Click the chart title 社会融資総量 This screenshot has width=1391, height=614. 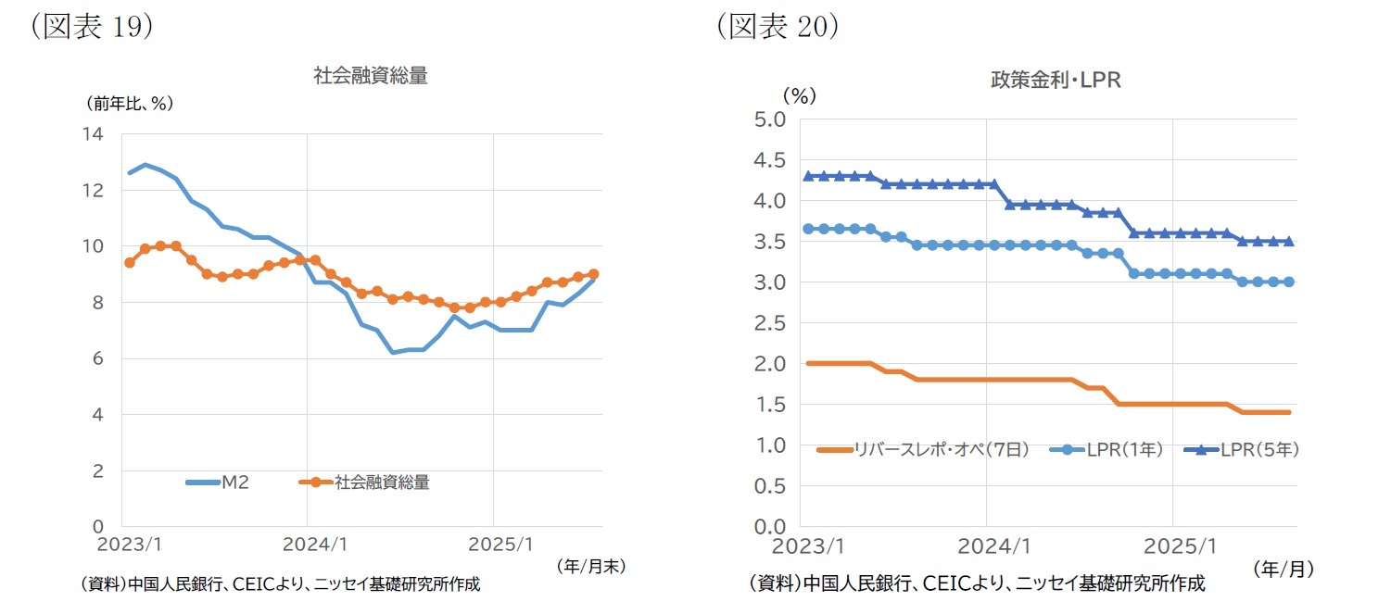[x=371, y=77]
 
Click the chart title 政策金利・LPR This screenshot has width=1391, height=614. [x=1056, y=81]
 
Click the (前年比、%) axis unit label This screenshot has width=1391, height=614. [x=131, y=104]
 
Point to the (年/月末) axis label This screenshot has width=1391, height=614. [x=591, y=566]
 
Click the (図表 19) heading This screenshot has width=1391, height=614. [x=90, y=27]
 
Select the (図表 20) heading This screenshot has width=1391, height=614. [x=778, y=27]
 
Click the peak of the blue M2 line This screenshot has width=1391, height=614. [x=145, y=165]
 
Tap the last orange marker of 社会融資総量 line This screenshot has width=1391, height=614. [x=593, y=274]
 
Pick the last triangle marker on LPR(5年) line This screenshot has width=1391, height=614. [x=1288, y=241]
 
